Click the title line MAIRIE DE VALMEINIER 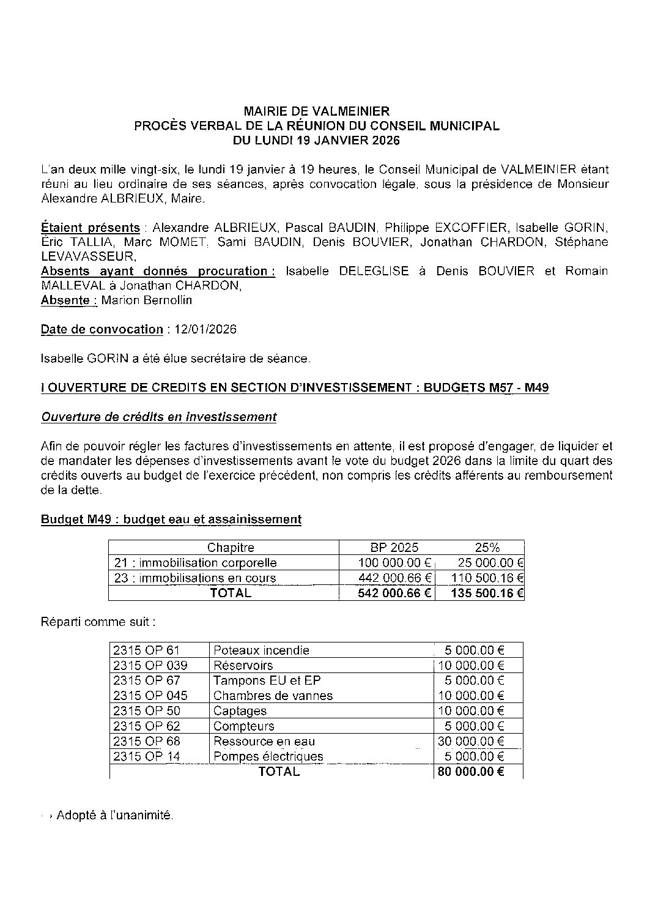[316, 111]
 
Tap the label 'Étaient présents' [90, 227]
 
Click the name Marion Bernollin [147, 300]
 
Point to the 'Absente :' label [68, 300]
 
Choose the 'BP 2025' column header [394, 548]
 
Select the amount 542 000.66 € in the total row [394, 593]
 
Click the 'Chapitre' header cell [231, 548]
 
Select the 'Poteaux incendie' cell [261, 650]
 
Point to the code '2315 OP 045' [150, 695]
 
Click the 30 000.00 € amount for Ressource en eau [471, 741]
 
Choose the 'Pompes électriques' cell [268, 756]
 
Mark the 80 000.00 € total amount [471, 772]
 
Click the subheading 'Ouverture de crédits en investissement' [158, 417]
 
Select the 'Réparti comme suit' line [98, 622]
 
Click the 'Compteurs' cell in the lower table [243, 726]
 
